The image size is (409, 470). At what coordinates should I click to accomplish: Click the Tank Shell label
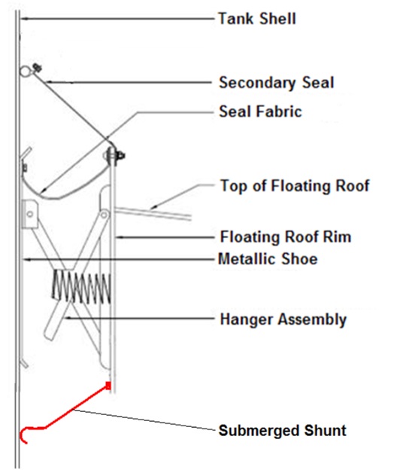pos(257,19)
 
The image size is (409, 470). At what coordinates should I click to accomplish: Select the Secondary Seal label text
pos(276,82)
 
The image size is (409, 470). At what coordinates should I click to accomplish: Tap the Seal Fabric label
pos(260,111)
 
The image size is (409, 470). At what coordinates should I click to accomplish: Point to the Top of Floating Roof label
pos(295,185)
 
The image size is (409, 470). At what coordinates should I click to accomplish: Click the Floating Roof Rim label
pos(286,237)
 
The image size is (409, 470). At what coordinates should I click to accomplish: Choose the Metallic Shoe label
pos(268,259)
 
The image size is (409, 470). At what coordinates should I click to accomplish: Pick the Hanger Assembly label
pos(283,319)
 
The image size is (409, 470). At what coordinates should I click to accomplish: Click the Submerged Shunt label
pos(283,430)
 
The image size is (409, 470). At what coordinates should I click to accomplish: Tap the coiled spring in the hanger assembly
pos(82,287)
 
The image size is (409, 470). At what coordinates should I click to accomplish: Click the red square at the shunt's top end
pos(108,386)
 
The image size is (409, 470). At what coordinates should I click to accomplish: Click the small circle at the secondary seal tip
pos(25,71)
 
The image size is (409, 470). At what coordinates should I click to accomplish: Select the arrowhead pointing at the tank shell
pos(25,19)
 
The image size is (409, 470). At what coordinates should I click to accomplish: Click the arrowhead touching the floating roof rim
pos(120,237)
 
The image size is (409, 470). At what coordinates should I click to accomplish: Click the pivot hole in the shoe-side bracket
pos(29,214)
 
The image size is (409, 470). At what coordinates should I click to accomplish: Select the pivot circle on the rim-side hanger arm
pos(104,215)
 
